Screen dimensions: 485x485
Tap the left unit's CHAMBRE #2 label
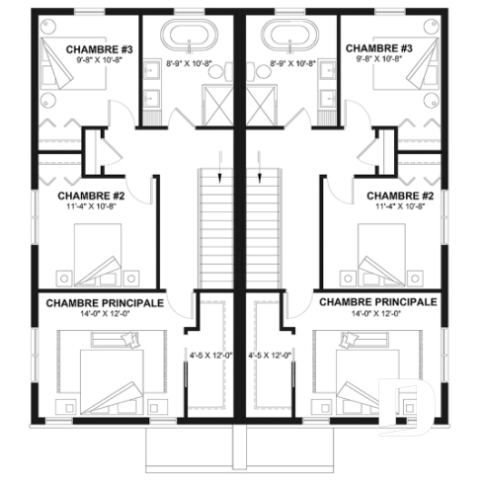pyautogui.click(x=84, y=196)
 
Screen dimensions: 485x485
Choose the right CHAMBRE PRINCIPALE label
pyautogui.click(x=377, y=300)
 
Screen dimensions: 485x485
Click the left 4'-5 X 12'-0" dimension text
pyautogui.click(x=210, y=354)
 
